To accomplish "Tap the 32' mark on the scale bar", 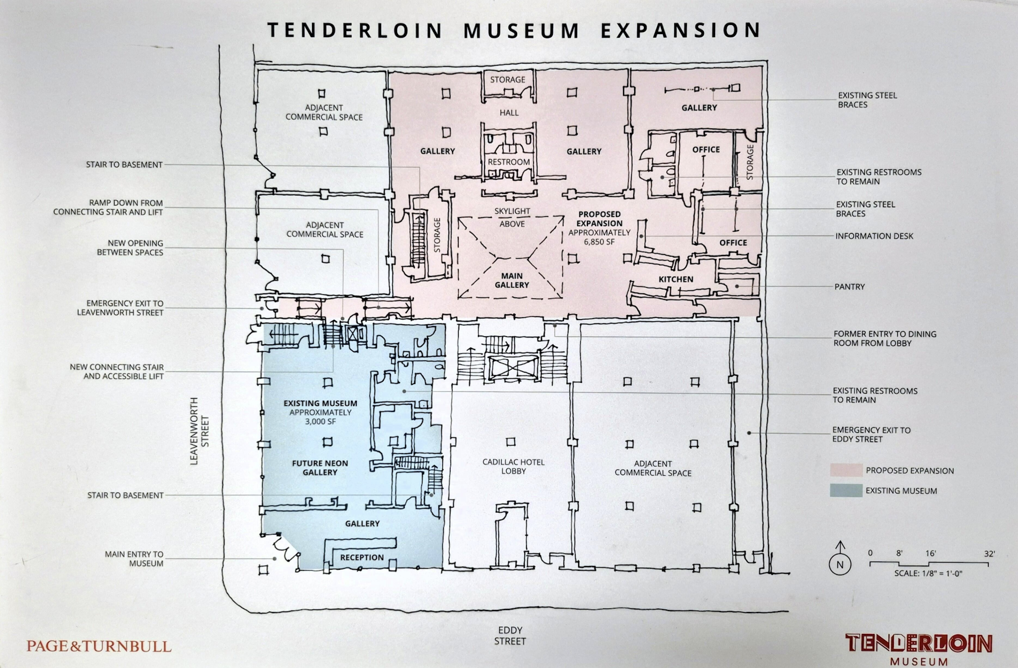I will click(989, 553).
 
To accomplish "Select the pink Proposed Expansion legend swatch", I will click(846, 470).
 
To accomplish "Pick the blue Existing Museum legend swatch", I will click(846, 491).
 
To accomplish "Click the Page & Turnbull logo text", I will click(99, 647).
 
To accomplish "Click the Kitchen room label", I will click(675, 279).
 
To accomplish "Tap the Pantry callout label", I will click(850, 287).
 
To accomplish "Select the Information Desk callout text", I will click(874, 236).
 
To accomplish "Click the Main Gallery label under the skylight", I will click(512, 281).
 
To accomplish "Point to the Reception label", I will click(362, 558).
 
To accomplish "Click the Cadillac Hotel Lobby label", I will click(513, 466).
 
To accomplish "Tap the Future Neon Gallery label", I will click(320, 467).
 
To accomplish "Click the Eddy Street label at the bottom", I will click(510, 636).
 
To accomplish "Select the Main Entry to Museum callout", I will click(134, 559).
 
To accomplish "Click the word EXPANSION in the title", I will click(681, 31).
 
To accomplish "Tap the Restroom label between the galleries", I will click(508, 162).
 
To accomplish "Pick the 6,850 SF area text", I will click(600, 241).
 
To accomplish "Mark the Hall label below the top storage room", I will click(508, 113).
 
